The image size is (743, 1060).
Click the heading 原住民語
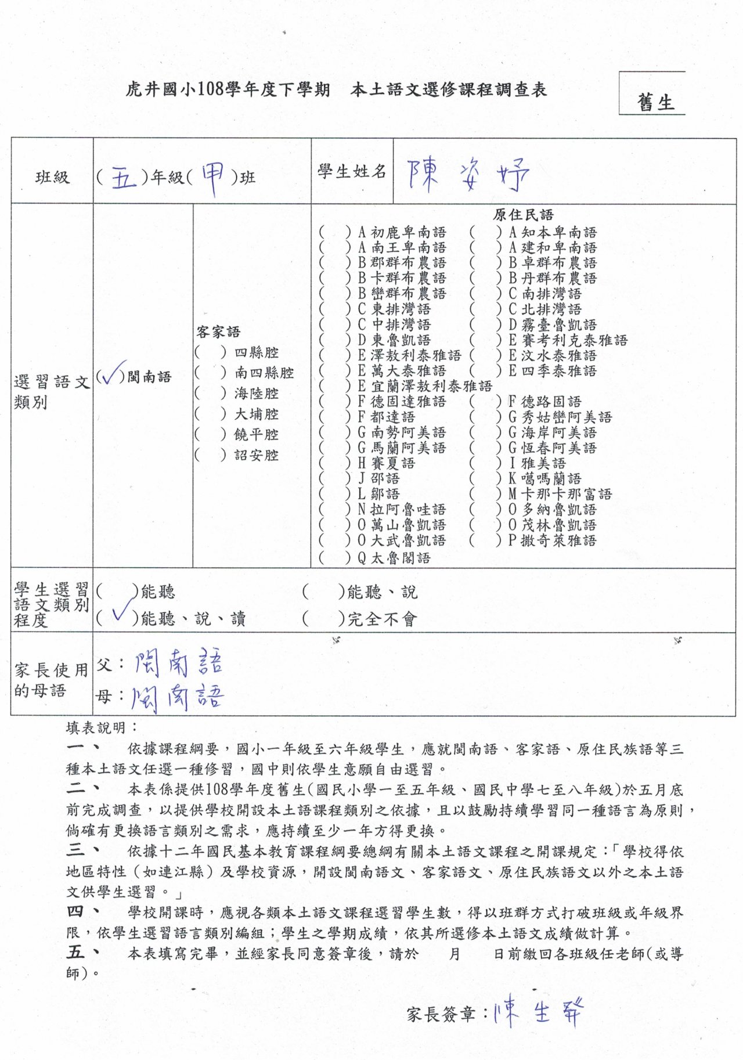523,215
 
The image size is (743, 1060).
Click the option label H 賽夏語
386,463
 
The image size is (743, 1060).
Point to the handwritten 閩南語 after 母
177,697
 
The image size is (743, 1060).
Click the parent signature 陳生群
538,1014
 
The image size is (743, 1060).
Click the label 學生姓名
352,171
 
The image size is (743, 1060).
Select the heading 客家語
218,332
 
